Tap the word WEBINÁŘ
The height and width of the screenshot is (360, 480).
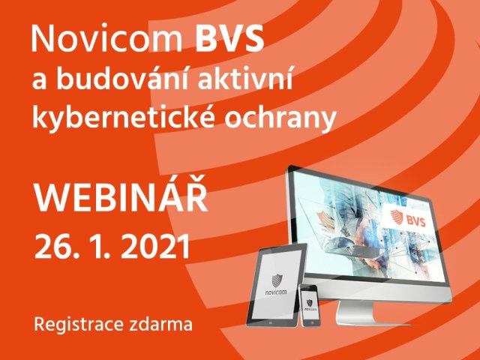(x=121, y=201)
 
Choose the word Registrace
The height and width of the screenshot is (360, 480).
(x=73, y=325)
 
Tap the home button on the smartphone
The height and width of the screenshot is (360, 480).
(x=308, y=322)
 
